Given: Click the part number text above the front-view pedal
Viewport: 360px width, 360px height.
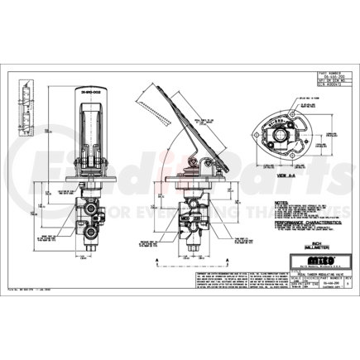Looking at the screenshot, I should [x=88, y=84].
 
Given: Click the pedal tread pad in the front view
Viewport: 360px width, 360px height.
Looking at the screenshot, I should [x=88, y=124].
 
